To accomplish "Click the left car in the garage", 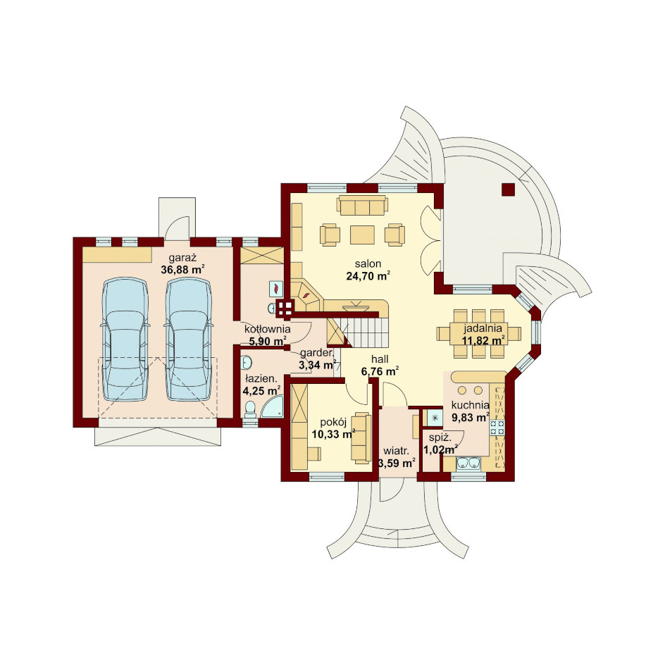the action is [125, 340].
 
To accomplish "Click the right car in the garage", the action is [188, 340].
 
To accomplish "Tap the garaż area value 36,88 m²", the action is [182, 270].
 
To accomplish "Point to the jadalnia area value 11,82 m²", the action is [483, 340].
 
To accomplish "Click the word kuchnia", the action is [471, 405].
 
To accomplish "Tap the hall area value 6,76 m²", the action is [380, 371].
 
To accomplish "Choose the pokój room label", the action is [333, 422].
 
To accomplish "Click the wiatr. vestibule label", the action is [396, 451].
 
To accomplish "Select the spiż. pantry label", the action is [440, 438].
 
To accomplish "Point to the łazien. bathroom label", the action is [261, 379].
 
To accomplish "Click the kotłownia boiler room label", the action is [267, 329].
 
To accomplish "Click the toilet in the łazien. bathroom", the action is [251, 410].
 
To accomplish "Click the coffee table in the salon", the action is [362, 235].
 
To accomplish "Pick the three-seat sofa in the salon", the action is [362, 206].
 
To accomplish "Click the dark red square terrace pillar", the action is [508, 189].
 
